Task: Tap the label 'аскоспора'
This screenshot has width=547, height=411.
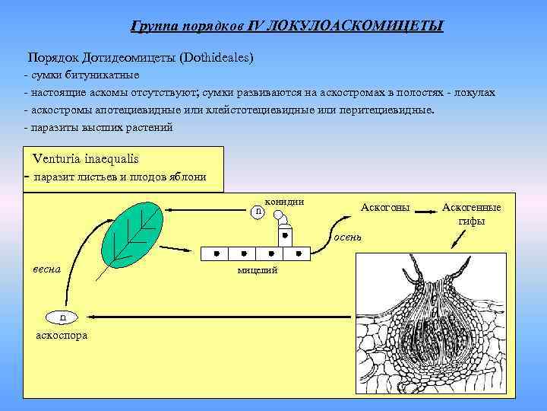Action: [x=62, y=335]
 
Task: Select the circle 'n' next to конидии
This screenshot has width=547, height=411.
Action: [x=259, y=210]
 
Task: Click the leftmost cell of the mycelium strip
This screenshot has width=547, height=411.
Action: [x=217, y=253]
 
